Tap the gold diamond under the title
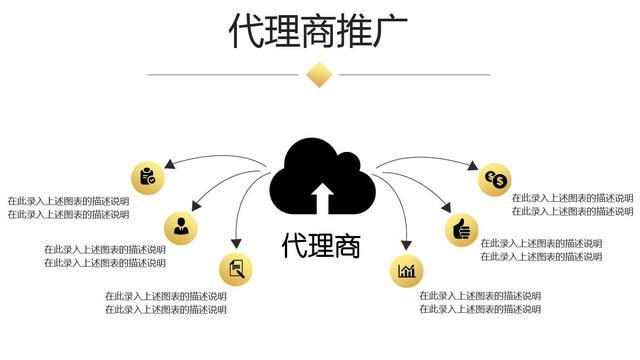click(319, 74)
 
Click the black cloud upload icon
click(322, 177)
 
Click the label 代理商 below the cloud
click(320, 245)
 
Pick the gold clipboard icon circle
click(147, 177)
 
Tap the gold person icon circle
click(181, 227)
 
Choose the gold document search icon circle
click(236, 268)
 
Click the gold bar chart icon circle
click(407, 270)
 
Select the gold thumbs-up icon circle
click(461, 229)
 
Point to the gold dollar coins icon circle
click(496, 180)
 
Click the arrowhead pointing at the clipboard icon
click(171, 162)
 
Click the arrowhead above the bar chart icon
click(406, 244)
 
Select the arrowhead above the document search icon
click(236, 244)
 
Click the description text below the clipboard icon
click(68, 207)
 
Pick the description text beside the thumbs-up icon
click(541, 250)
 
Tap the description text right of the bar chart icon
click(480, 302)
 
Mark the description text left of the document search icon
click(166, 302)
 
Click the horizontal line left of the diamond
click(225, 74)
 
